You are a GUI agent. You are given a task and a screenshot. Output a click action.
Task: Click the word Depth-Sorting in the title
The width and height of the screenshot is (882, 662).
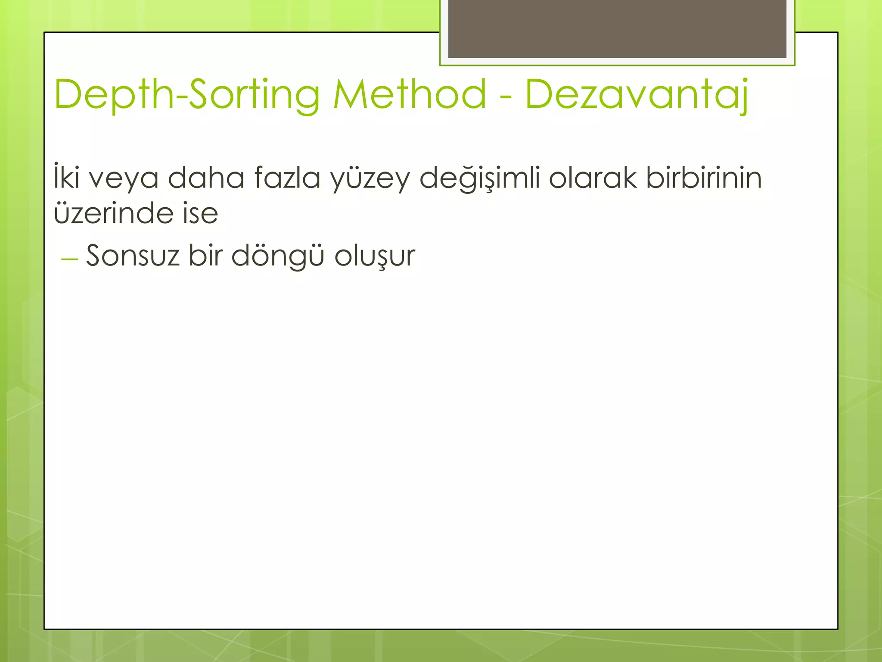tap(187, 95)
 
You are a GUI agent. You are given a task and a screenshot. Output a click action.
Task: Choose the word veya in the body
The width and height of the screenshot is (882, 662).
tap(124, 179)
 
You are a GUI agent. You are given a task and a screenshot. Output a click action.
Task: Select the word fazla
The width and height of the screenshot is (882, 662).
tap(287, 177)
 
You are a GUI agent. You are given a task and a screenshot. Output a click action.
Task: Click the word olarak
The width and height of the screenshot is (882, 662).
tap(593, 177)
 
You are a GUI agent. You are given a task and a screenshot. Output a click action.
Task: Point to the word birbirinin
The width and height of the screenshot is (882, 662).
tap(704, 177)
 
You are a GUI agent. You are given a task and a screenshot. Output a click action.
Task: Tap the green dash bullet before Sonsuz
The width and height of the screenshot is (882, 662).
tap(69, 259)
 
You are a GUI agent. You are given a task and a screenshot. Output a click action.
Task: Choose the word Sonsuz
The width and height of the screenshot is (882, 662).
tap(133, 256)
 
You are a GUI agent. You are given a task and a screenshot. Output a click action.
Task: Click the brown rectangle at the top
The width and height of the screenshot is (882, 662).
tap(617, 28)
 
